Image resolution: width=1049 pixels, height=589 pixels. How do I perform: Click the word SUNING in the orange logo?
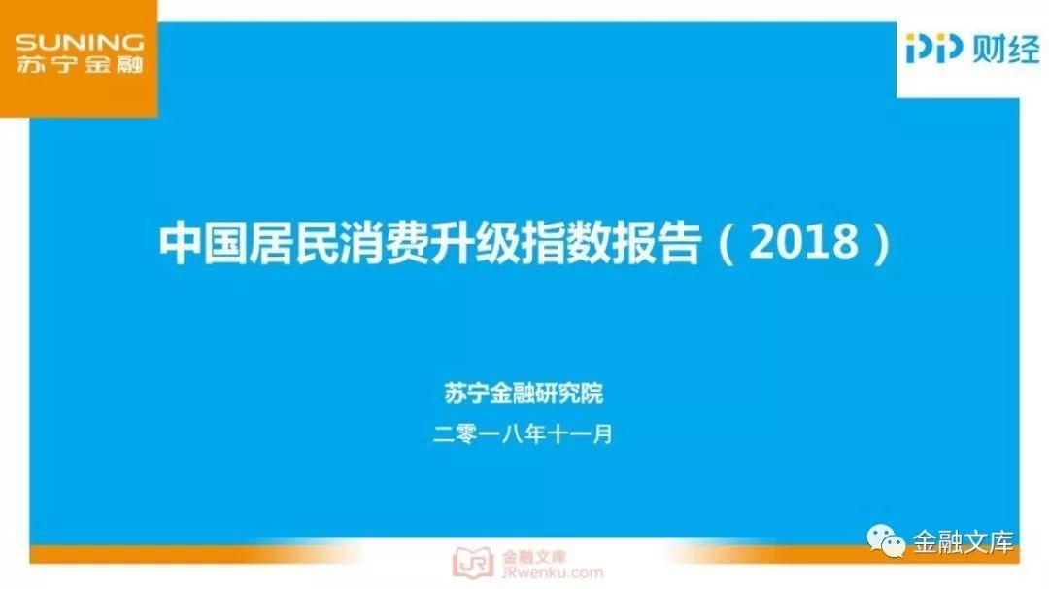coord(79,43)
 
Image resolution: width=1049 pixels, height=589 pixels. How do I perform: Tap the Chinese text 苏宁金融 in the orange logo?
coord(79,64)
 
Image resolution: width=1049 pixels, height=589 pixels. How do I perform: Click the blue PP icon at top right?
coord(934,49)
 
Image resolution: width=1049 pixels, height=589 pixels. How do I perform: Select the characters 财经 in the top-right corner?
coord(1006,49)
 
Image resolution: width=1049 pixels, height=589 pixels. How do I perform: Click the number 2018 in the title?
coord(803,242)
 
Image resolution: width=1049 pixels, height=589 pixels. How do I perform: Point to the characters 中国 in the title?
coord(203,242)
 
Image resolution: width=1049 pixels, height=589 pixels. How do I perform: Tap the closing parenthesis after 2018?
coord(882,243)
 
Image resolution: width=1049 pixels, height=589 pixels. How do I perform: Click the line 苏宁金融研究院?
coord(524,394)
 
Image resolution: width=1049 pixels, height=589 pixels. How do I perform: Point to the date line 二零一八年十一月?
coord(523,434)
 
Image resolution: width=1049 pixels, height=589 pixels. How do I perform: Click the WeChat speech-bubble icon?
coord(886,540)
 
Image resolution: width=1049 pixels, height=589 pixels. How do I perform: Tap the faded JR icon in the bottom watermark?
coord(472,563)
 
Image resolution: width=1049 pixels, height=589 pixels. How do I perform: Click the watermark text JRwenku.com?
coord(552,572)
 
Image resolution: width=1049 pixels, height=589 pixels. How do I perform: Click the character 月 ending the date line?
coord(603,434)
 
